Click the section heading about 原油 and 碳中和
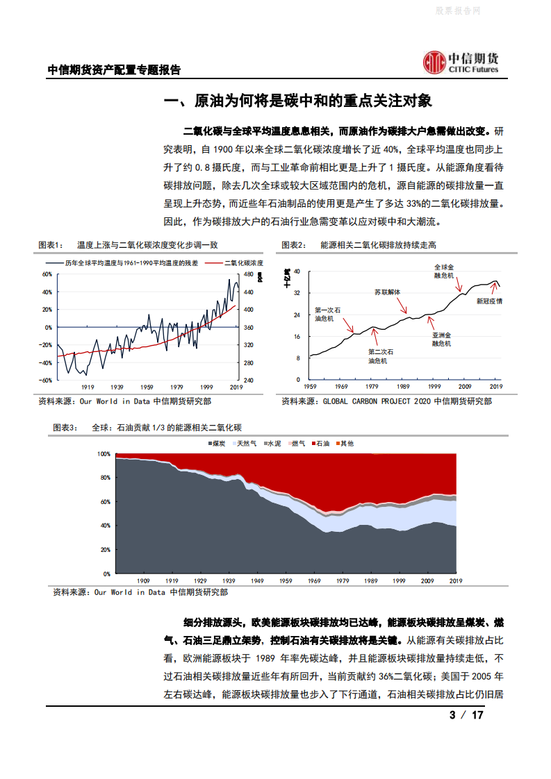pos(297,101)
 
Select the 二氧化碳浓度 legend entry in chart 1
pos(243,263)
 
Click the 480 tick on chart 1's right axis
pos(248,274)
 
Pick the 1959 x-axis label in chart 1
pos(147,387)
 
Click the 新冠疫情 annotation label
pos(489,301)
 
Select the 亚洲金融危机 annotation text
pos(441,339)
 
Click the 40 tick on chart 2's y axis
pos(297,271)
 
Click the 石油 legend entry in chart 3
pos(322,443)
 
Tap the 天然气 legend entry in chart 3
pos(246,443)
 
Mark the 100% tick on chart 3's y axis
pos(103,453)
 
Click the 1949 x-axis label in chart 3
pos(256,580)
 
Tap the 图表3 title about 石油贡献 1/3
pos(147,428)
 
